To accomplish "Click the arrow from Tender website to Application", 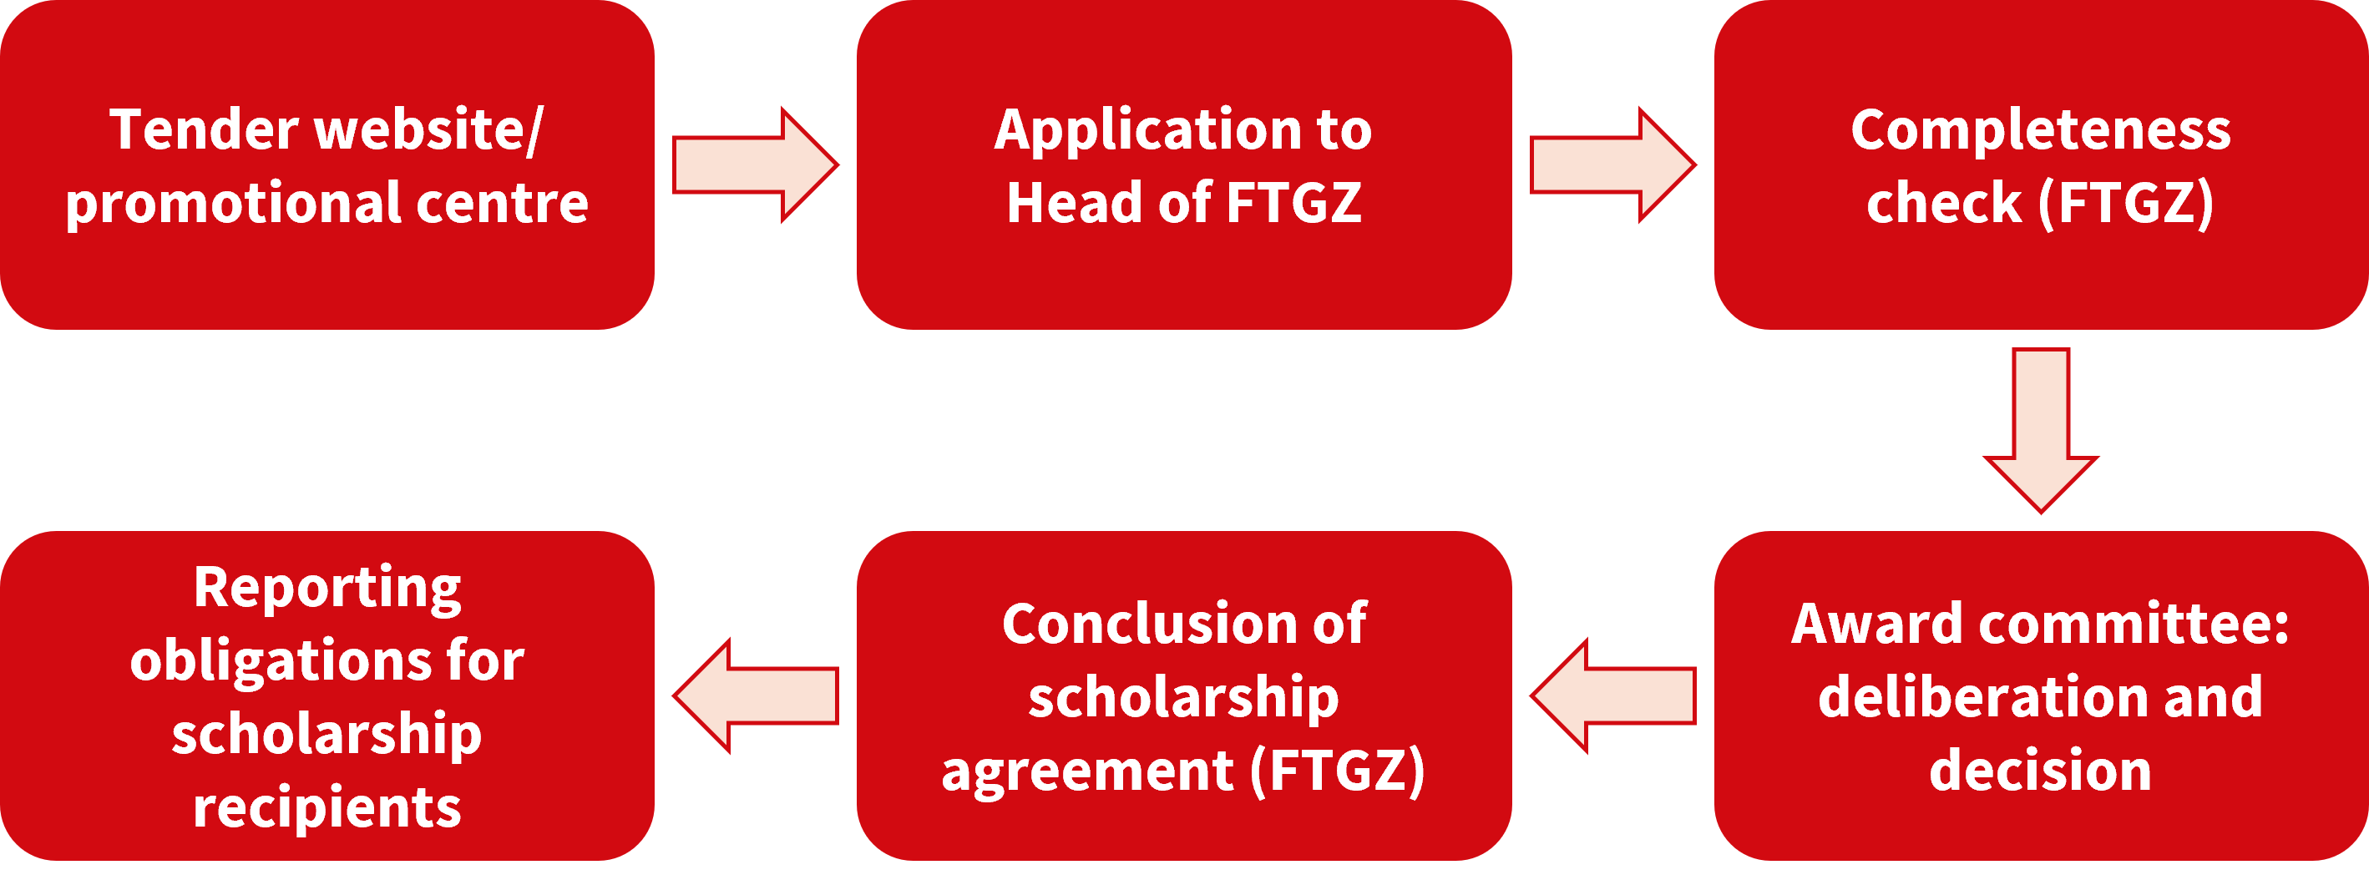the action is tap(755, 164).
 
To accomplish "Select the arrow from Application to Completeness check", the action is tap(1612, 164).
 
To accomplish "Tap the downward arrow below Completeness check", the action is tap(2041, 430).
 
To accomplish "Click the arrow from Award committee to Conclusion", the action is tap(1613, 696).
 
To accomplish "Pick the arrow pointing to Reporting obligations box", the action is tap(755, 696).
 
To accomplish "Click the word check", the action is tap(1943, 202).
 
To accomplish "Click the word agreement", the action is tap(1087, 772).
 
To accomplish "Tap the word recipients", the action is tap(327, 809).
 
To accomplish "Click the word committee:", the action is tap(2134, 624).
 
